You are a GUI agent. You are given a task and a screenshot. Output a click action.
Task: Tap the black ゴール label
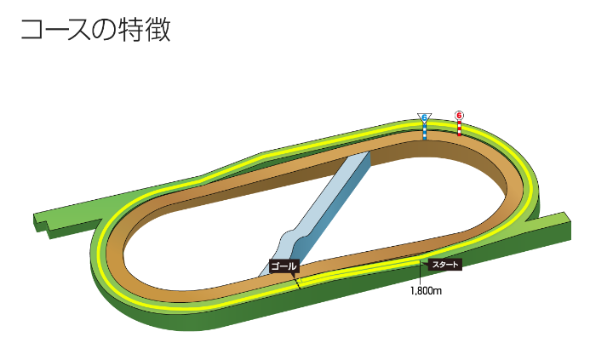284,266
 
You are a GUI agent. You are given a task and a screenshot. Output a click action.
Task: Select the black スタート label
445,265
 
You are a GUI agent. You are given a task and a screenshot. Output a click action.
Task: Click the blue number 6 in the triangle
424,117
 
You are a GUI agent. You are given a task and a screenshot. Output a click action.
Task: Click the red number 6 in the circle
460,114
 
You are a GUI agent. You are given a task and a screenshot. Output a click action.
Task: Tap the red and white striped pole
460,128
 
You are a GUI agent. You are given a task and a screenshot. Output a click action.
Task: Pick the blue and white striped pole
425,131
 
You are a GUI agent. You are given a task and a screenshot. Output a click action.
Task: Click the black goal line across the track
298,281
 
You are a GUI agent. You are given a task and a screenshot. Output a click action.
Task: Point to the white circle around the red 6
460,110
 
